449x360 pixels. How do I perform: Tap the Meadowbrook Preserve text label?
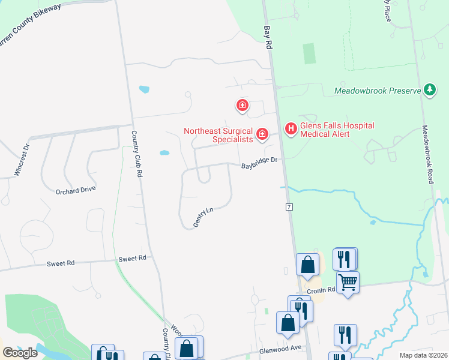point(378,91)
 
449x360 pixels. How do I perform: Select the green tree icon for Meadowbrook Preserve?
point(429,90)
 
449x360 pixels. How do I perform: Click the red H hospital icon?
point(291,128)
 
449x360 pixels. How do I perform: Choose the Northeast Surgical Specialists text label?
point(218,135)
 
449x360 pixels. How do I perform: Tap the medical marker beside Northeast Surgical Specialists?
point(262,134)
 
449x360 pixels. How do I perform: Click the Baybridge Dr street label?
point(259,163)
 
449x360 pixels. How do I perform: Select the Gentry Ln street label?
point(203,217)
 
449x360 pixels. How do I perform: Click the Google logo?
point(20,352)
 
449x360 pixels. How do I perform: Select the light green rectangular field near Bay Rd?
point(310,53)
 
